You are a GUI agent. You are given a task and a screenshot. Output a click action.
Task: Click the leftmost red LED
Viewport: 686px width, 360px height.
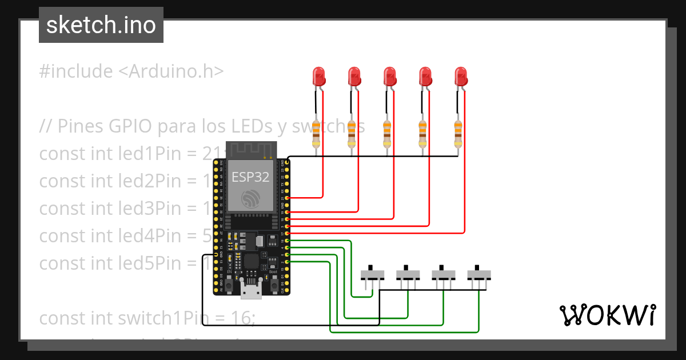point(318,77)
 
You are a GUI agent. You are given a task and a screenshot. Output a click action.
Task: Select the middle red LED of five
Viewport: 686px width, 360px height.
point(389,77)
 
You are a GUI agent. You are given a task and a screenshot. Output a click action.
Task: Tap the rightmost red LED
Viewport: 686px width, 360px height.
point(460,77)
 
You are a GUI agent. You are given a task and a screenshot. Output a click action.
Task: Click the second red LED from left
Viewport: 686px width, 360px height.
point(354,77)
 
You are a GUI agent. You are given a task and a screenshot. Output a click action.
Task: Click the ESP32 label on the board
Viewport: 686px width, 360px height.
point(250,177)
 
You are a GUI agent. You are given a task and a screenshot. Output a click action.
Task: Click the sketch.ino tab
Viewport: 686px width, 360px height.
point(101,25)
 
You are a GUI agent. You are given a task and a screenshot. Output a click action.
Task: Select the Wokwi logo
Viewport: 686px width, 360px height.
point(607,315)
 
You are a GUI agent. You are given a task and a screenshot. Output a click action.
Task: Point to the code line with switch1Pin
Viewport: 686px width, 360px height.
point(147,318)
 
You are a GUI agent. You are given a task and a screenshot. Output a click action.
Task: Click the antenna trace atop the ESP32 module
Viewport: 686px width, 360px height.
point(252,149)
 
